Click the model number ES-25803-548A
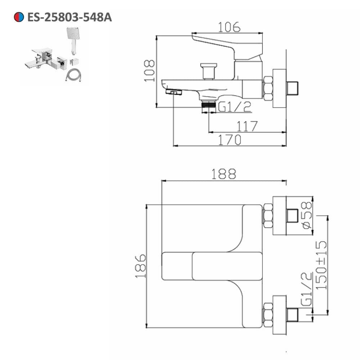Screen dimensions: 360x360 pyautogui.click(x=69, y=17)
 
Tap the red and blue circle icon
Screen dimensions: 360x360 pyautogui.click(x=19, y=17)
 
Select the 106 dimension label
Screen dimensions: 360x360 pyautogui.click(x=229, y=27)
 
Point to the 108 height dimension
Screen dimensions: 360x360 pyautogui.click(x=149, y=71)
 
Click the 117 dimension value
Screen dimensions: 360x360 pyautogui.click(x=247, y=126)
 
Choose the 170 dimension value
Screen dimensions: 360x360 pyautogui.click(x=230, y=140)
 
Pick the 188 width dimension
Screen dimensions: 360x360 pyautogui.click(x=224, y=174)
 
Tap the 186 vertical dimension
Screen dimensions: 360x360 pyautogui.click(x=140, y=266)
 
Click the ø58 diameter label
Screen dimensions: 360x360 pyautogui.click(x=307, y=215)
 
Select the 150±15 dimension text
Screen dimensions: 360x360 pyautogui.click(x=321, y=265)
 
